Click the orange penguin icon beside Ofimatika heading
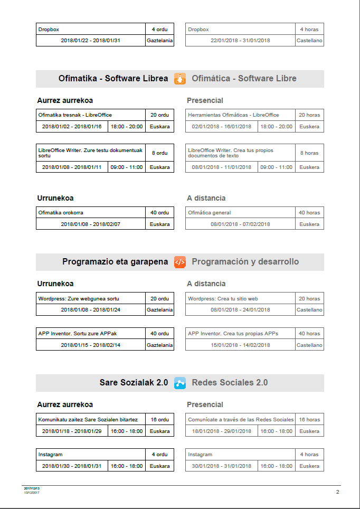click(x=180, y=79)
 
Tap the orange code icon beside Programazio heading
click(x=180, y=262)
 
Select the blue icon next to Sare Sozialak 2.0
click(x=180, y=383)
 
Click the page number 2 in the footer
click(x=337, y=492)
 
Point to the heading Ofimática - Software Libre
click(x=244, y=79)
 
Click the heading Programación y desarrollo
click(x=245, y=262)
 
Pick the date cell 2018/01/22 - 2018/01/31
click(x=91, y=41)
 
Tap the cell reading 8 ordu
click(x=159, y=153)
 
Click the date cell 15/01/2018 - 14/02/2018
click(x=240, y=345)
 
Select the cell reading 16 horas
click(x=309, y=419)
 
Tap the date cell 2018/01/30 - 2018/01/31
click(x=72, y=466)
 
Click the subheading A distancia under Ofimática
click(x=206, y=199)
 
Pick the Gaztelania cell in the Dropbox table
click(x=159, y=41)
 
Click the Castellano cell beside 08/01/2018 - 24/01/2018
click(x=309, y=310)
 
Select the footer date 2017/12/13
click(x=32, y=488)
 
